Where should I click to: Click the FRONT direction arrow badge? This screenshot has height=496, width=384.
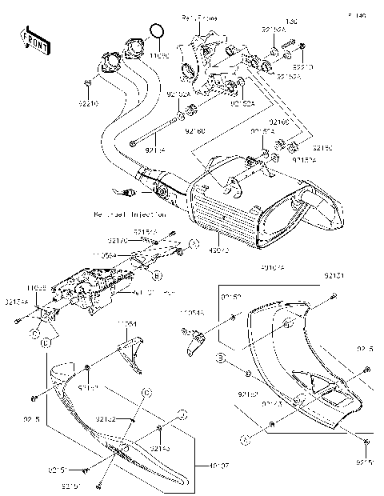pos(33,40)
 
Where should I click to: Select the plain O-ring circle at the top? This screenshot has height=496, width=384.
pos(158,32)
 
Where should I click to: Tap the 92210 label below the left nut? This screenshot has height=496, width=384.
pos(89,103)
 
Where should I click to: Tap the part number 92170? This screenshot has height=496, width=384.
pos(118,239)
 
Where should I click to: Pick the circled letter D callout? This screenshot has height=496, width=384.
pos(46,342)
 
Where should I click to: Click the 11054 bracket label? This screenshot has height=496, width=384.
pos(129,325)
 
